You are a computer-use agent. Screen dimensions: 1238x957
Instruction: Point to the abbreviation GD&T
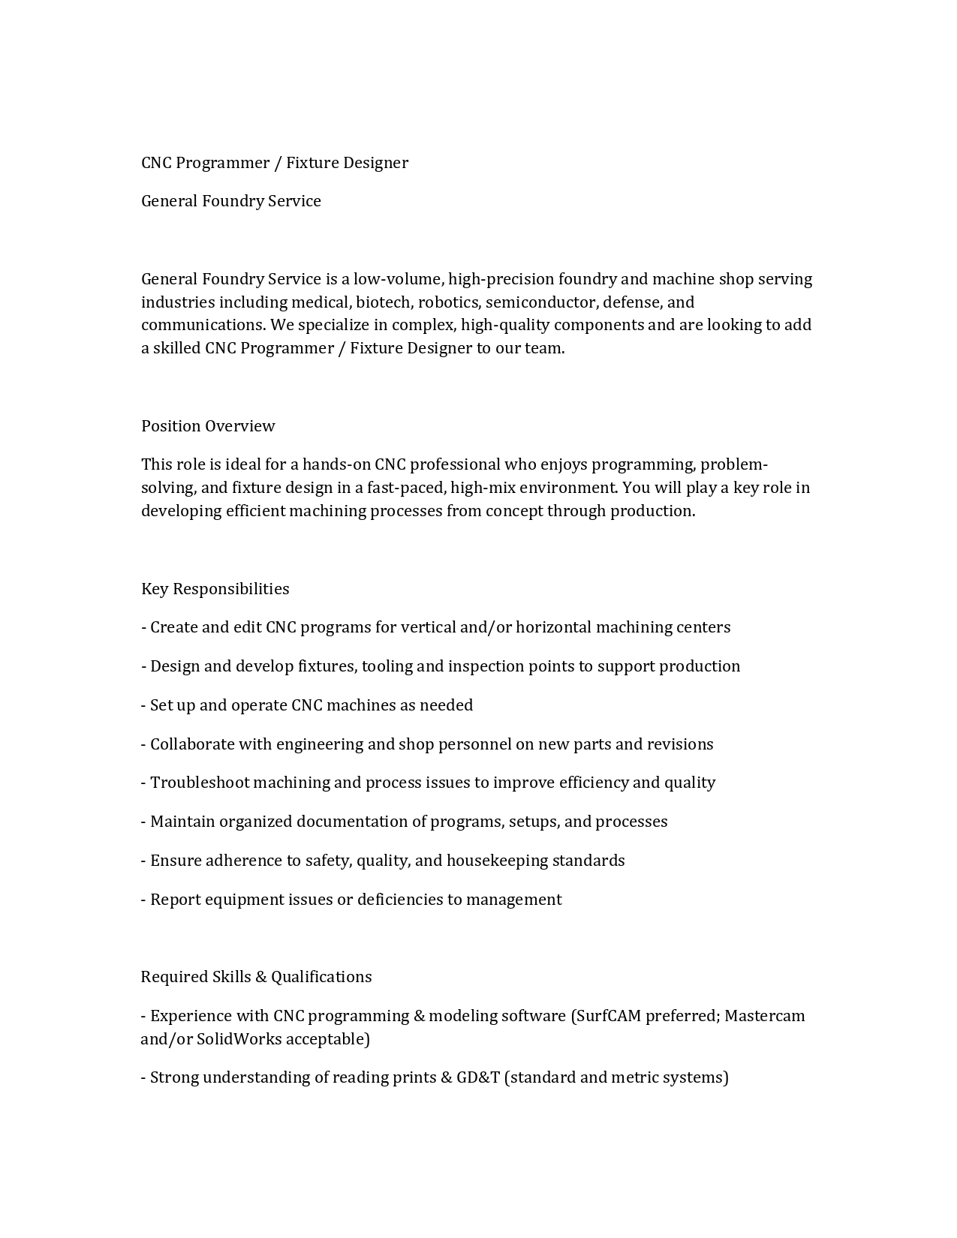tap(478, 1077)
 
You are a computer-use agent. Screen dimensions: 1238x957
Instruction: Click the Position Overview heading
tap(208, 426)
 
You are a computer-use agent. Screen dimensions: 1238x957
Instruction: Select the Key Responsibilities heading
tap(215, 589)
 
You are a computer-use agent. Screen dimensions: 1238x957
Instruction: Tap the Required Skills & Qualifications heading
tap(256, 977)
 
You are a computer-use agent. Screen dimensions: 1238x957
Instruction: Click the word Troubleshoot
tap(200, 783)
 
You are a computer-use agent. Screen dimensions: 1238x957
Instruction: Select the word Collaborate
tap(192, 744)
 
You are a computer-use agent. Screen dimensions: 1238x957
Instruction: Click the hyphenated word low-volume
tap(399, 279)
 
